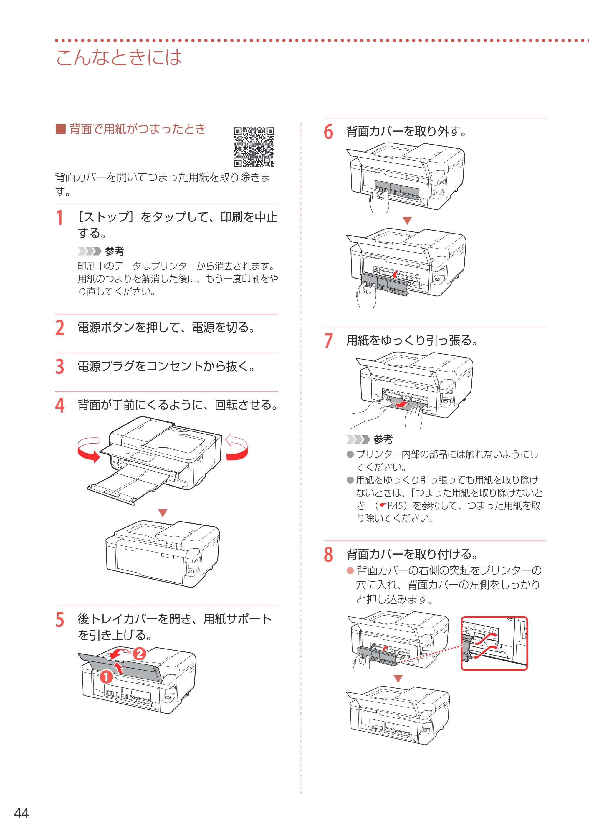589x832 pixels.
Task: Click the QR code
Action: tap(254, 147)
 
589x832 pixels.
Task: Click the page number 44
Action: tap(21, 813)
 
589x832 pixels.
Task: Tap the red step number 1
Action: tap(60, 218)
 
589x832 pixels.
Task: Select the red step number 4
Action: tap(60, 405)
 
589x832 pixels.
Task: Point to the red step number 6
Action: tap(328, 131)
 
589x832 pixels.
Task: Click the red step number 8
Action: tap(328, 554)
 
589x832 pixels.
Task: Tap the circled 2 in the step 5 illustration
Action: tap(139, 654)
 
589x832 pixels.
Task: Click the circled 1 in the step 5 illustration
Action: tap(106, 676)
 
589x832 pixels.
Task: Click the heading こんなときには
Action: tap(119, 57)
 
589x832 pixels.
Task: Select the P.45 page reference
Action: tap(395, 505)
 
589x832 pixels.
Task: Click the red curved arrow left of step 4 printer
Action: tap(88, 450)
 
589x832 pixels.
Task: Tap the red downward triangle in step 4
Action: tap(163, 512)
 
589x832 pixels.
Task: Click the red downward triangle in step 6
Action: tap(407, 221)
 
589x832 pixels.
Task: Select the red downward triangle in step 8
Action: tap(398, 679)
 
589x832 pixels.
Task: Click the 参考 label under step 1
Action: tap(115, 251)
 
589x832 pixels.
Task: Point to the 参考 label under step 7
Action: tap(383, 439)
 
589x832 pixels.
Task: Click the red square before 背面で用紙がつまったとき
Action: tap(60, 129)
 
